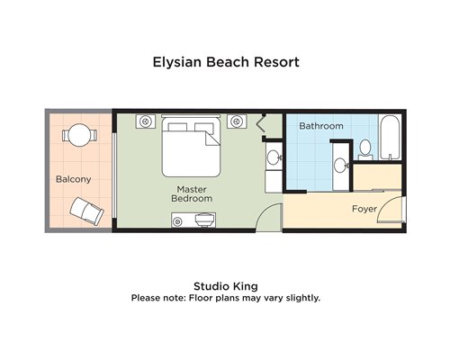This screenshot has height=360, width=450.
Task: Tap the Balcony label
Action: pos(74,179)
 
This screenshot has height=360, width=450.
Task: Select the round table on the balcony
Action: pos(79,135)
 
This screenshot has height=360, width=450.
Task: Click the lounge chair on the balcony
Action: pos(86,211)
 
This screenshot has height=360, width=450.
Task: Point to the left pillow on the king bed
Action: pos(177,127)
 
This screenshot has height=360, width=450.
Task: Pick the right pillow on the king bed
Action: pos(203,127)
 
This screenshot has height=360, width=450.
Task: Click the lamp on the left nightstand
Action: pos(146,121)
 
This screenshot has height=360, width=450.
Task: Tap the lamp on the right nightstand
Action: pos(237,121)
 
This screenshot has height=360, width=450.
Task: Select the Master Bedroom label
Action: pos(192,193)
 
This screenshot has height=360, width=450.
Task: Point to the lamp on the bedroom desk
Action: pos(177,222)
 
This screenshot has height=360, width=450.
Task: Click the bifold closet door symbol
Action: pos(261,123)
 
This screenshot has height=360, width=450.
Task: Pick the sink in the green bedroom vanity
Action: pos(274,157)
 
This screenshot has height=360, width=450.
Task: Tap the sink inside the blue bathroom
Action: pos(340,166)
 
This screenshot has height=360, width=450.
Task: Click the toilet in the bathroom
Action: pos(365,149)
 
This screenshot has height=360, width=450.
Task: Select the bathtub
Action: pos(390,138)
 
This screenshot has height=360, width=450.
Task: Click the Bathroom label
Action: pos(321,126)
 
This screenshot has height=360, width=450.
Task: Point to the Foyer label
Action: pos(364,209)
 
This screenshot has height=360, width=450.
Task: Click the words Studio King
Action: pos(226,286)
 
